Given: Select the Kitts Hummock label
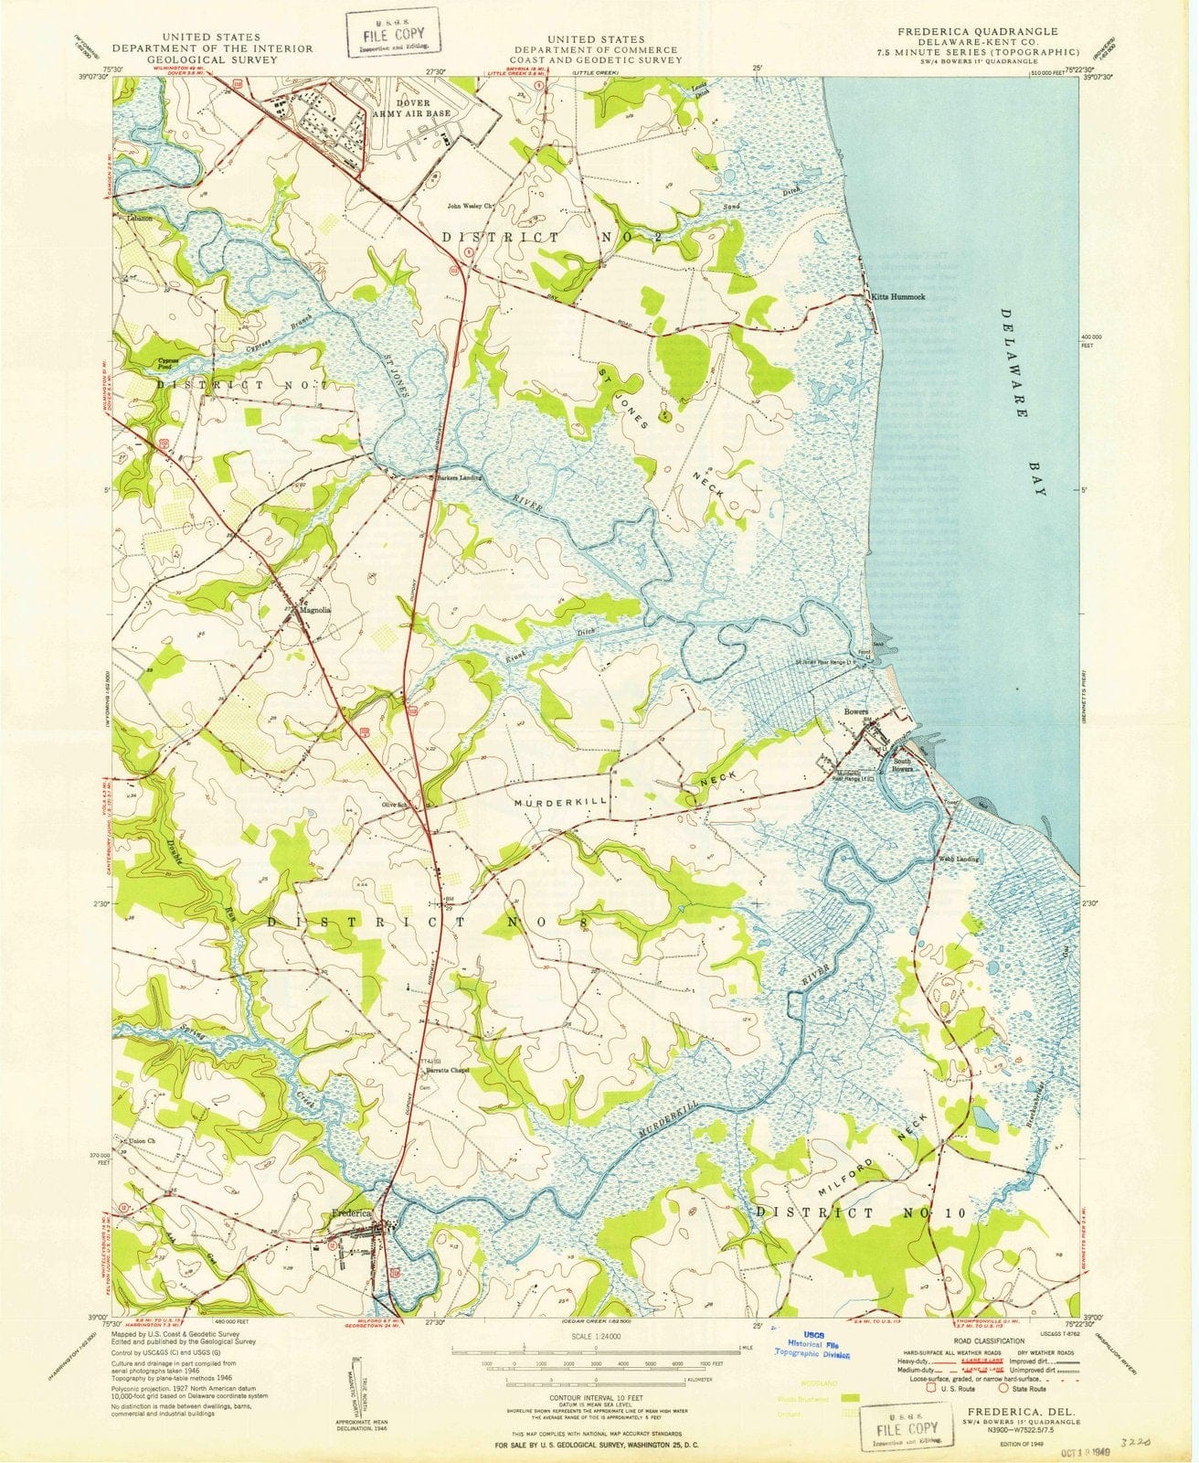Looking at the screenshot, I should click(x=898, y=297).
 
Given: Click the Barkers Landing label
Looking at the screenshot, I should click(x=459, y=478).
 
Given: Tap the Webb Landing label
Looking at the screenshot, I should click(x=956, y=860).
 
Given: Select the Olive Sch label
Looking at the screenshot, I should click(x=394, y=806).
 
